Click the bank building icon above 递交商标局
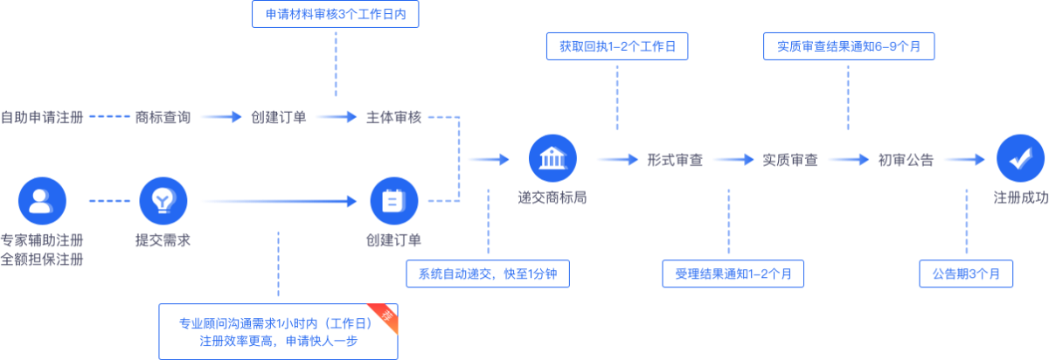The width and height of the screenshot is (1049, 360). [x=553, y=159]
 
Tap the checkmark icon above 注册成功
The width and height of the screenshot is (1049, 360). [x=1020, y=159]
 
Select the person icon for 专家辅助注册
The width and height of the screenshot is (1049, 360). [x=42, y=201]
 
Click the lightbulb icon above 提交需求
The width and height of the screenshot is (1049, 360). [x=163, y=201]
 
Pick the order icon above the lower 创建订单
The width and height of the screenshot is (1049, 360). [x=394, y=201]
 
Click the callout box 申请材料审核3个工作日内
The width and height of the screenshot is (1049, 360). [x=335, y=15]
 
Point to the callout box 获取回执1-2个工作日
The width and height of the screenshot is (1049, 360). [x=617, y=45]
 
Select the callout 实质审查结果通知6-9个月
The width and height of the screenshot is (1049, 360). [x=847, y=45]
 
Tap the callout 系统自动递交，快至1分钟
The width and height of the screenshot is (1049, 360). [x=488, y=273]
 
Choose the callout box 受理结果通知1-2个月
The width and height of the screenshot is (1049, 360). [x=733, y=273]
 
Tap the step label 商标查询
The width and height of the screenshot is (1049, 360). [x=163, y=117]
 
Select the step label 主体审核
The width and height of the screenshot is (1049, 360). [x=393, y=117]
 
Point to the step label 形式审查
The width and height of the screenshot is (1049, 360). [x=675, y=160]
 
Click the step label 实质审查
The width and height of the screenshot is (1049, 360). [x=790, y=160]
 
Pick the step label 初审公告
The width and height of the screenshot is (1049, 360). [x=906, y=160]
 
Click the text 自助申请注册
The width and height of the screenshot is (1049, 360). [x=42, y=117]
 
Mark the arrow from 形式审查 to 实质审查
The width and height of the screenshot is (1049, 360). [x=733, y=160]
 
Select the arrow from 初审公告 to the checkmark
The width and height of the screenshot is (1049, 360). [x=964, y=160]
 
